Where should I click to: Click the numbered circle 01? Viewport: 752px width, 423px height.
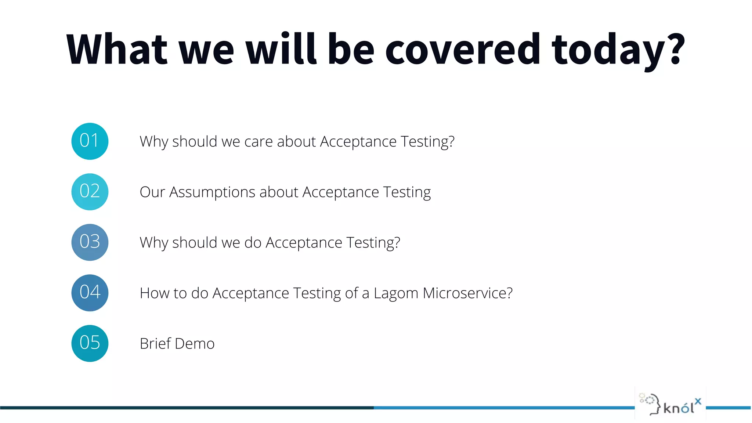tap(90, 141)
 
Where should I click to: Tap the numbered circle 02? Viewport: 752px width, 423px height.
tap(90, 192)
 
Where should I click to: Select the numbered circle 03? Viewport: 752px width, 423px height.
tap(90, 242)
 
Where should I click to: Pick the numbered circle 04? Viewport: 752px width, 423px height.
tap(90, 293)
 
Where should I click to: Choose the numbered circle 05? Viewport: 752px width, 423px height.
tap(90, 343)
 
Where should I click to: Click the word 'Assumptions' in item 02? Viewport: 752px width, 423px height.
tap(212, 192)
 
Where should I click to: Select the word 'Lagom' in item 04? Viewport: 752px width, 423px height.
tap(396, 293)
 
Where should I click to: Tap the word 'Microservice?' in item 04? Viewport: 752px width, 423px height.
tap(467, 293)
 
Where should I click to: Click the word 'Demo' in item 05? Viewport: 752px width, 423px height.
tap(195, 344)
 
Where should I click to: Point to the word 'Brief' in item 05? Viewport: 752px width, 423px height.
tap(155, 344)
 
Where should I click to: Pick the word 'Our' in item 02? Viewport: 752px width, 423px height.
tap(152, 192)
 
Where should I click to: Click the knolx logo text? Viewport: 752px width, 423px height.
tap(679, 408)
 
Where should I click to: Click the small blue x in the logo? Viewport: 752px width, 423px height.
tap(698, 401)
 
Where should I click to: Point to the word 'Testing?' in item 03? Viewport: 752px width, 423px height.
tap(373, 243)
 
